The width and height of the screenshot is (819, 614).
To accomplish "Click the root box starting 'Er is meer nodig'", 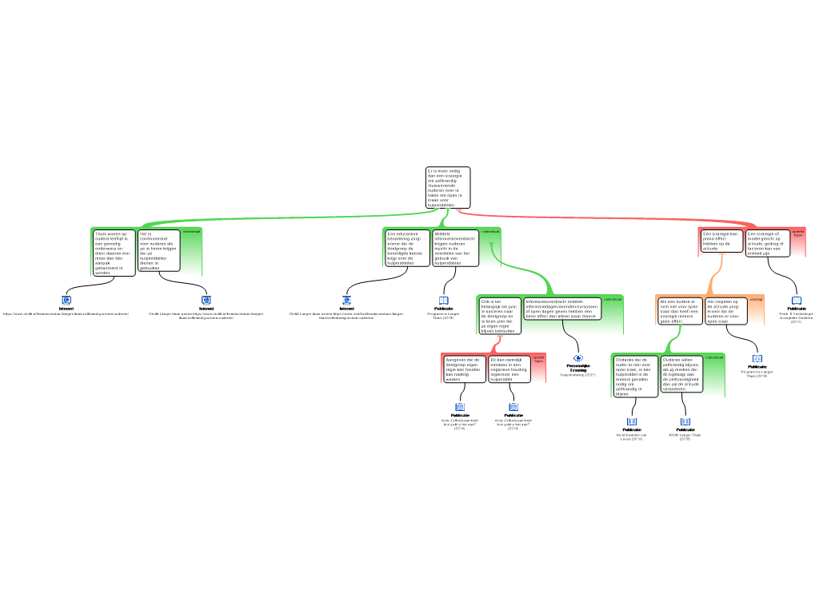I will [x=448, y=187].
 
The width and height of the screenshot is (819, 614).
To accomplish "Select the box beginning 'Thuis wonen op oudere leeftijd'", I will [x=114, y=253].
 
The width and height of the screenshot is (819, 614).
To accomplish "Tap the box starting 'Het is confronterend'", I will [x=159, y=250].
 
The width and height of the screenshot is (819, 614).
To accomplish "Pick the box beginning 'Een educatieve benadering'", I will [x=407, y=248].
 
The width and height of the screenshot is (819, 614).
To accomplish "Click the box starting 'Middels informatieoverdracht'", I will [x=455, y=248].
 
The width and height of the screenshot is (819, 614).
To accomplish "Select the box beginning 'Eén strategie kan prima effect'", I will [x=721, y=241].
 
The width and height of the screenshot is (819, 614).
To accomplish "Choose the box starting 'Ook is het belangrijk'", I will [x=500, y=315].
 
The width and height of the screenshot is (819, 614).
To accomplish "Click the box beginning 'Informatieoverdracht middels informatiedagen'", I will [x=561, y=309].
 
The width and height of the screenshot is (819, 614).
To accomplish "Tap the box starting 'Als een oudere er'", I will [x=679, y=310].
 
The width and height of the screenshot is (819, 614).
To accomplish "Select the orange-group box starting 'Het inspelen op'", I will [x=726, y=310].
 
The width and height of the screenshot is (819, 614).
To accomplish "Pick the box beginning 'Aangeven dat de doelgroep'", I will [x=465, y=369].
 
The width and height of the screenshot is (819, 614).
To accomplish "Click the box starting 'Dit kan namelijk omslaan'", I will [x=509, y=369].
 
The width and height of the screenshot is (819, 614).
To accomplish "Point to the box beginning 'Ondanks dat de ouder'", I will [x=636, y=375].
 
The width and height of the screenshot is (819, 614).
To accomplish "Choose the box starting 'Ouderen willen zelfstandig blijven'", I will [x=682, y=373].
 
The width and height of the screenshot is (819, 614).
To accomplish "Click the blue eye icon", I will [x=578, y=357].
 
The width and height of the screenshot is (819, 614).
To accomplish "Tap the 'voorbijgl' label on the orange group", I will [x=757, y=299].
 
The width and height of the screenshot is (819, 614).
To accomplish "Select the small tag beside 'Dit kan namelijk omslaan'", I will [x=539, y=359].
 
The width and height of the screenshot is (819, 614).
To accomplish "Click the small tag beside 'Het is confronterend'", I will [x=192, y=232].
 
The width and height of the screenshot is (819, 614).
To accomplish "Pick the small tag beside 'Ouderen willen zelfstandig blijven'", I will [x=714, y=357].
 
